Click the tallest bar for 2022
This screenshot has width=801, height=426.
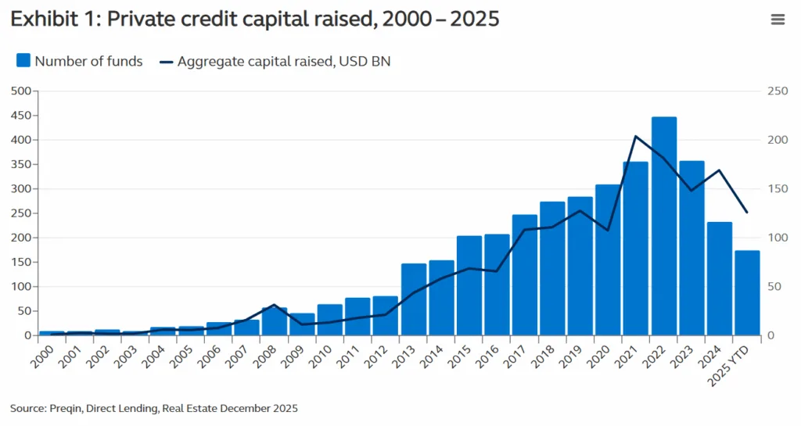pyautogui.click(x=663, y=227)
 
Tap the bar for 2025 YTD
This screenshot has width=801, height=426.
pyautogui.click(x=747, y=293)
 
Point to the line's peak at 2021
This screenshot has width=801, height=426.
pyautogui.click(x=636, y=137)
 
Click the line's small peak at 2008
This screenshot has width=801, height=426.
pyautogui.click(x=274, y=305)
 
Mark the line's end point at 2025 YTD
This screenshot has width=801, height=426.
pyautogui.click(x=747, y=213)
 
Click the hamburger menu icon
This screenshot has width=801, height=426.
pyautogui.click(x=778, y=20)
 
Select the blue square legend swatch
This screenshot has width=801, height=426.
pyautogui.click(x=23, y=61)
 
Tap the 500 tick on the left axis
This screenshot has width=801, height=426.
pyautogui.click(x=20, y=91)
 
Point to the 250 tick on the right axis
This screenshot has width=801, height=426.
pyautogui.click(x=777, y=91)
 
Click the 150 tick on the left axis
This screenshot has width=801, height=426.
pyautogui.click(x=20, y=262)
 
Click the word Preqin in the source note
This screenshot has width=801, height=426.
pyautogui.click(x=66, y=408)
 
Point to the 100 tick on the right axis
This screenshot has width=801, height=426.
pyautogui.click(x=777, y=238)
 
